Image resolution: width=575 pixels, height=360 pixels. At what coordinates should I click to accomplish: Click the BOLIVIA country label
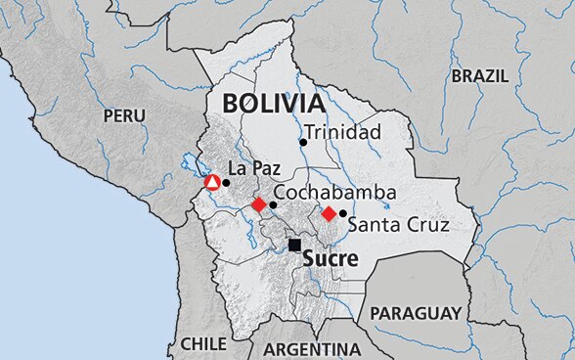click(273, 104)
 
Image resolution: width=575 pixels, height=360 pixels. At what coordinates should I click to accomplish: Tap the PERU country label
click(124, 115)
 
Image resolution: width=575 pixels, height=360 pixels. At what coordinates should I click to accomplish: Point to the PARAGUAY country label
click(416, 314)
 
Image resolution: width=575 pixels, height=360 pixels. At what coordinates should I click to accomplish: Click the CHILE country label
click(202, 344)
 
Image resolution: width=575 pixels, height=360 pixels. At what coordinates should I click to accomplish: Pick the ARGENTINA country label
click(312, 349)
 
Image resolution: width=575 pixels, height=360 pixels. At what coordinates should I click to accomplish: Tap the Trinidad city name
click(341, 132)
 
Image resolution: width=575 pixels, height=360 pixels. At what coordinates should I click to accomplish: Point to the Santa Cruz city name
click(398, 225)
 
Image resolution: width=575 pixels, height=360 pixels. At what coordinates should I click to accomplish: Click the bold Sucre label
click(331, 259)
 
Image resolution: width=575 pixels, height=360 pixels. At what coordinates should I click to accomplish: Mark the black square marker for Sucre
click(294, 245)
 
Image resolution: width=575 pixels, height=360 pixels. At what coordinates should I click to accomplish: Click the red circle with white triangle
click(212, 182)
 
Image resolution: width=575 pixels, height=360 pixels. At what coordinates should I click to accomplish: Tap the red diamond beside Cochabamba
click(258, 204)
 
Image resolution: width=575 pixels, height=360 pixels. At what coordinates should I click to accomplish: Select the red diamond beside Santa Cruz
click(329, 213)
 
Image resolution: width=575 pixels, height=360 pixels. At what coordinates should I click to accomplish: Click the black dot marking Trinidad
click(303, 142)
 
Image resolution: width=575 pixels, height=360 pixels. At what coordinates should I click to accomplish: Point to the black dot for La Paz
click(226, 182)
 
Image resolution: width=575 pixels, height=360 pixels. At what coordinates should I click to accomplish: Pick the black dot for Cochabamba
click(273, 204)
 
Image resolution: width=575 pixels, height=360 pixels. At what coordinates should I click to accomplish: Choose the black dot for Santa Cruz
click(342, 213)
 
